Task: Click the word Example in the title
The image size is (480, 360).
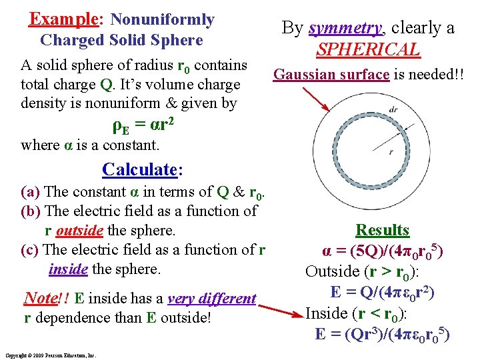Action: [56, 19]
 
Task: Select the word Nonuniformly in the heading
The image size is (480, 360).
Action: [162, 20]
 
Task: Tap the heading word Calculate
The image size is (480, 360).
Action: [139, 169]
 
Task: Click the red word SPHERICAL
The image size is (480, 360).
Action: [368, 49]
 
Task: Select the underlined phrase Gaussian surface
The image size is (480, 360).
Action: [331, 74]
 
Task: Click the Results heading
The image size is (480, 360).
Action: [382, 230]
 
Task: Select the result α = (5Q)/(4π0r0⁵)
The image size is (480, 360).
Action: [383, 251]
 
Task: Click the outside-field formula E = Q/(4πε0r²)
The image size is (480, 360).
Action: [383, 292]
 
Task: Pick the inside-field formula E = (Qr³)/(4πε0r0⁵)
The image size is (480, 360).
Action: [383, 333]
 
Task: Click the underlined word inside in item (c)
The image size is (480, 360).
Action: [67, 269]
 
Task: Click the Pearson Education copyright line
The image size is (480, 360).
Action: [50, 355]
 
